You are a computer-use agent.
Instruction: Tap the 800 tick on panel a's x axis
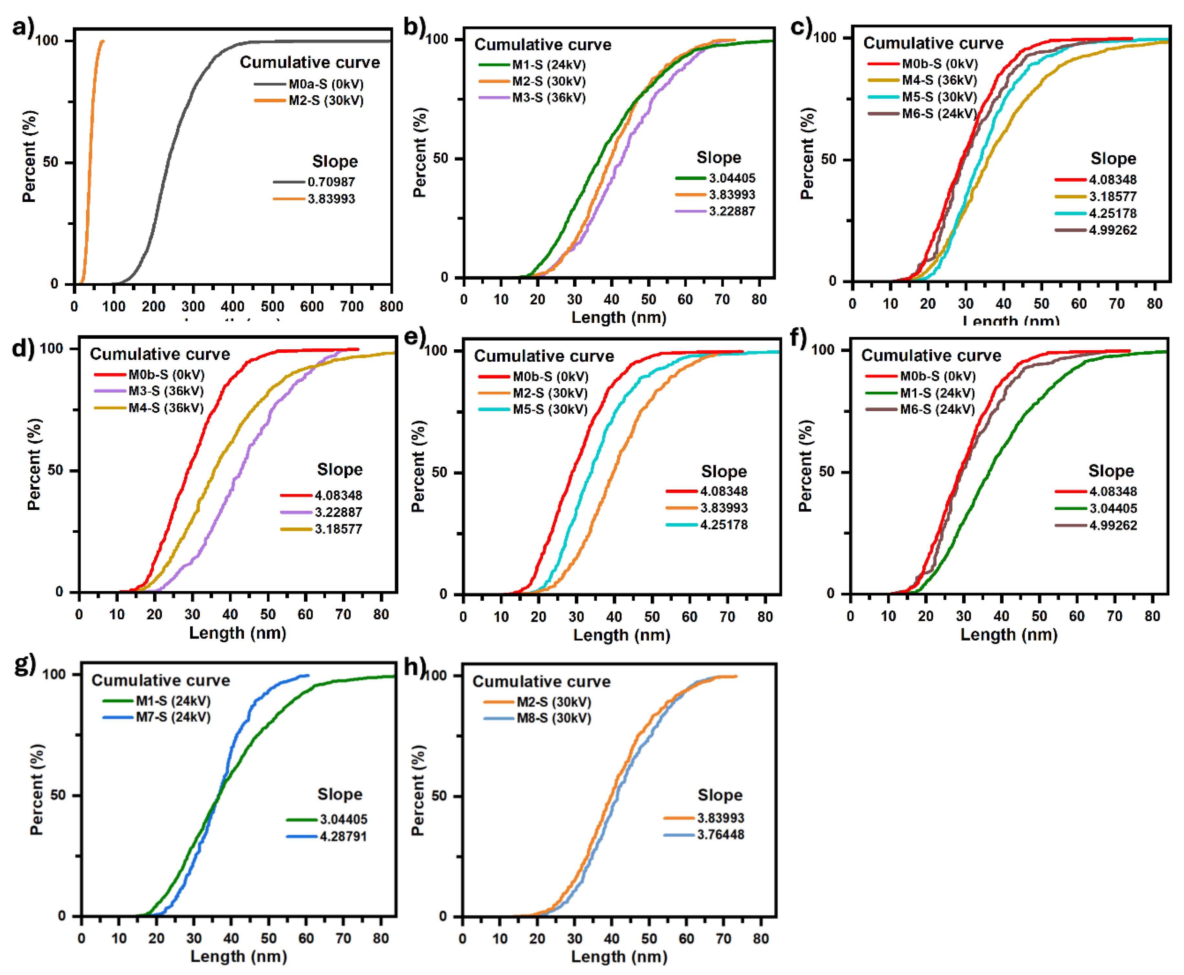pos(391,306)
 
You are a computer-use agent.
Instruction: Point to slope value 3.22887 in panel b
pos(731,211)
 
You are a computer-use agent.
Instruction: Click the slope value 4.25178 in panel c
pos(1112,213)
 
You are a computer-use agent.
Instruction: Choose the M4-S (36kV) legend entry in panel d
pos(166,408)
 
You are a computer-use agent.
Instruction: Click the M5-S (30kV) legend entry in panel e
pos(549,409)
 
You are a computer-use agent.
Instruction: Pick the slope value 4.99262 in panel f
pos(1112,525)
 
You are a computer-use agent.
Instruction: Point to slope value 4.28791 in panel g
pos(343,836)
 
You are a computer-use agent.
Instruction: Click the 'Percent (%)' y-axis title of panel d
pos(34,464)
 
